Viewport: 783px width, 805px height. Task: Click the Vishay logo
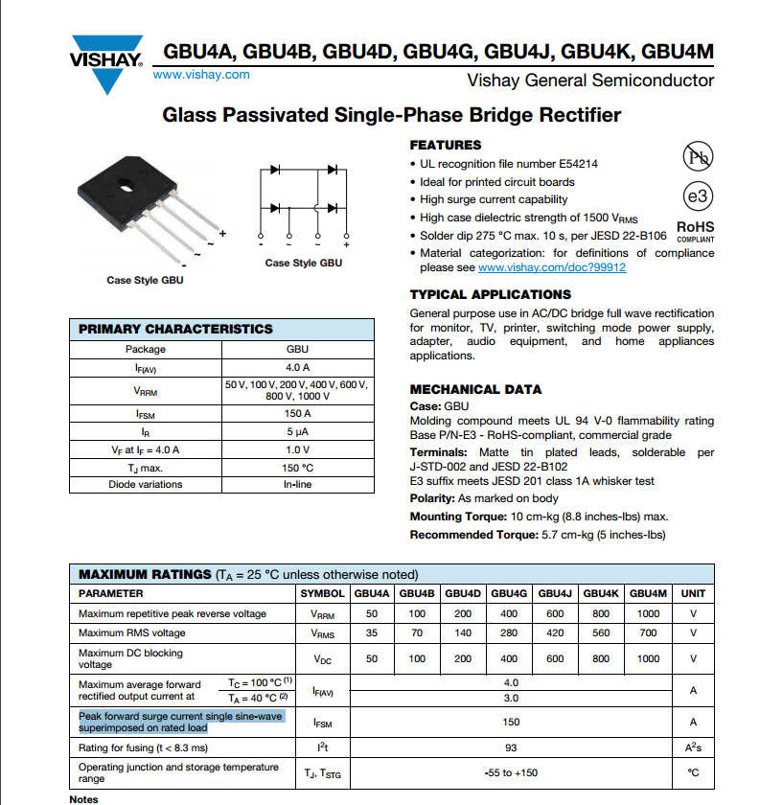coord(105,63)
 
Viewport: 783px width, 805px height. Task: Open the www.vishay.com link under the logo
coord(201,75)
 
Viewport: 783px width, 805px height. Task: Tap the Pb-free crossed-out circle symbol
coord(698,156)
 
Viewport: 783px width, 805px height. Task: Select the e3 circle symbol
coord(698,195)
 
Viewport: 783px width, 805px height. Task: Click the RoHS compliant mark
coord(696,232)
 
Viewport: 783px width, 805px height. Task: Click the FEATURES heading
coord(446,146)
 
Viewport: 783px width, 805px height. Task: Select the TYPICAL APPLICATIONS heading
coord(490,294)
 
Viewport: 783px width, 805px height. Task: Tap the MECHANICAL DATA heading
coord(475,389)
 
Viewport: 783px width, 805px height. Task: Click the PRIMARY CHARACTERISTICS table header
coord(175,329)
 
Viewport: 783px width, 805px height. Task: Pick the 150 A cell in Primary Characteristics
coord(297,413)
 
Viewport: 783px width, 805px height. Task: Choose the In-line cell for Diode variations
coord(298,484)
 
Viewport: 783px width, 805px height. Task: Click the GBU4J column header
coord(555,593)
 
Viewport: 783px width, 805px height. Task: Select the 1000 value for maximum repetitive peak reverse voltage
coord(648,613)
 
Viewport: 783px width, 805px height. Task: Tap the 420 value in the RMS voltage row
coord(555,632)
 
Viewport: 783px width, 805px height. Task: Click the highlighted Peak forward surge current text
coord(180,722)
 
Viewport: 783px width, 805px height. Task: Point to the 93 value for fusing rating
coord(511,747)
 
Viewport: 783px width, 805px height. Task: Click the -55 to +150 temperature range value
coord(511,772)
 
